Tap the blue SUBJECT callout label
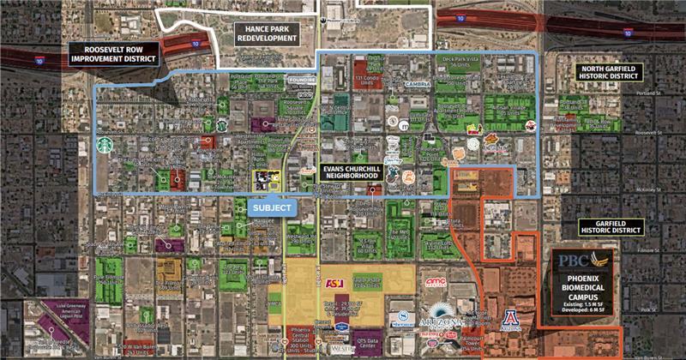pos(271,207)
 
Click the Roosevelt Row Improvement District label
pos(116,53)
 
